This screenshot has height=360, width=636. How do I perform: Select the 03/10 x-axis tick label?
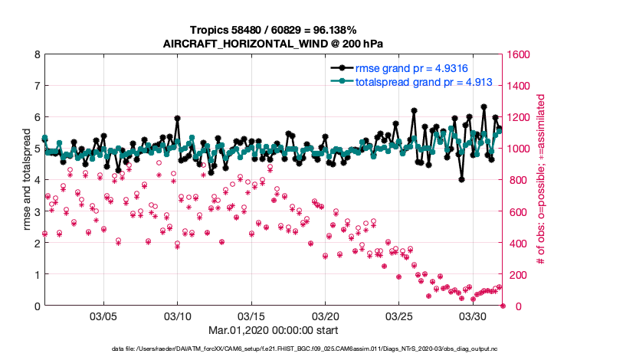pyautogui.click(x=178, y=316)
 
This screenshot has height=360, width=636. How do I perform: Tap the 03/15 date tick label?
pyautogui.click(x=251, y=316)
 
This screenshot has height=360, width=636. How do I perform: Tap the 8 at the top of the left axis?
pyautogui.click(x=37, y=55)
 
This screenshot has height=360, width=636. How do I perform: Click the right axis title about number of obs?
pyautogui.click(x=541, y=181)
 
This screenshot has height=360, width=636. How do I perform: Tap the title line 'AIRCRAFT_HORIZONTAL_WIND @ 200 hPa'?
pyautogui.click(x=274, y=43)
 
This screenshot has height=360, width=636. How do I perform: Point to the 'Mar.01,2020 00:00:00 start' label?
pyautogui.click(x=274, y=331)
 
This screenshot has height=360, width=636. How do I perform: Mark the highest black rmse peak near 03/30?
pyautogui.click(x=484, y=107)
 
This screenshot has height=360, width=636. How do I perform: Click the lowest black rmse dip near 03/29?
pyautogui.click(x=461, y=179)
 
